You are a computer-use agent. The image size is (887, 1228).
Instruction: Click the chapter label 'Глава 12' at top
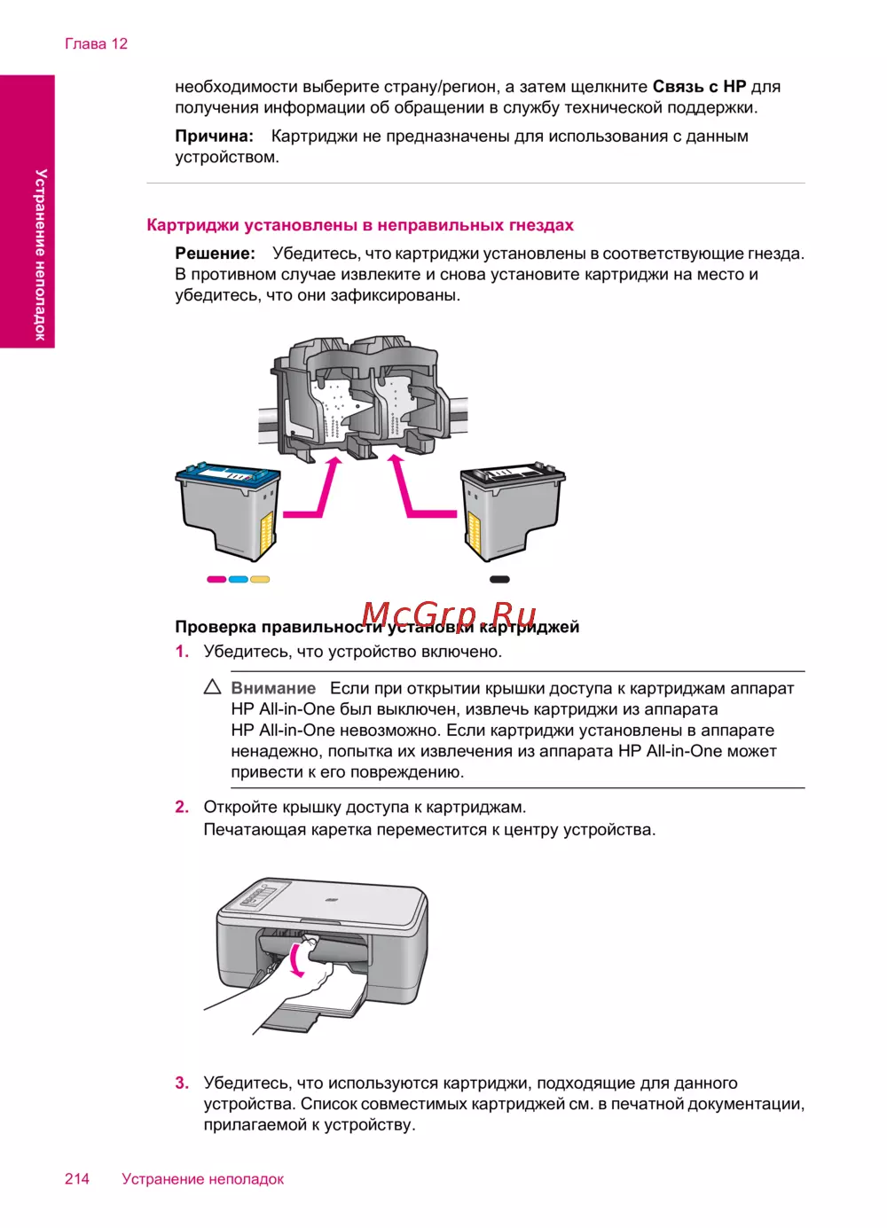coord(96,44)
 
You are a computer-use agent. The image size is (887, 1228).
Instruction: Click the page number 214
coord(77,1178)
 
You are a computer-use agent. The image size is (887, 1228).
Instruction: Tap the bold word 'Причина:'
coord(214,137)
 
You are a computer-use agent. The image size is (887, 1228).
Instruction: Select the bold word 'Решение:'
coord(215,254)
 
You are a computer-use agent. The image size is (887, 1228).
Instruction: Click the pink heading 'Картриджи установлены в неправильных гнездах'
coord(360,225)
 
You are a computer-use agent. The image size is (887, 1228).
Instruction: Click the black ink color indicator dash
coord(499,580)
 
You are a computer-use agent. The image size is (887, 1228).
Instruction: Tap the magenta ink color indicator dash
coord(216,580)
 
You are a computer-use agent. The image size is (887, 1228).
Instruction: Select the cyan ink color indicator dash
coord(238,580)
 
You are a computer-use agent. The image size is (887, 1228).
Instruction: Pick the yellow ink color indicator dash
coord(260,580)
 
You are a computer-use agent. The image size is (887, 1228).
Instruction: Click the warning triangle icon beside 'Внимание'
coord(213,687)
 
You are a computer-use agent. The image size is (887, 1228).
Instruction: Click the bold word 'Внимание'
coord(273,688)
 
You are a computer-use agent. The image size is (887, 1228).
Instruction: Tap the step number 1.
coord(182,652)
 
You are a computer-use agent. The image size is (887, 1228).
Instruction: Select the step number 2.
coord(182,807)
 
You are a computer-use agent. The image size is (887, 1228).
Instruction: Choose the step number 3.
coord(182,1083)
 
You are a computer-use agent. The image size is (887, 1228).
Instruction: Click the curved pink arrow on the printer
coord(297,960)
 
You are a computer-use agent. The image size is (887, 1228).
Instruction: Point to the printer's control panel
coord(255,897)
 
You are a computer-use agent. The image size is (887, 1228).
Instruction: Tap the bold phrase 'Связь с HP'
coord(699,87)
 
